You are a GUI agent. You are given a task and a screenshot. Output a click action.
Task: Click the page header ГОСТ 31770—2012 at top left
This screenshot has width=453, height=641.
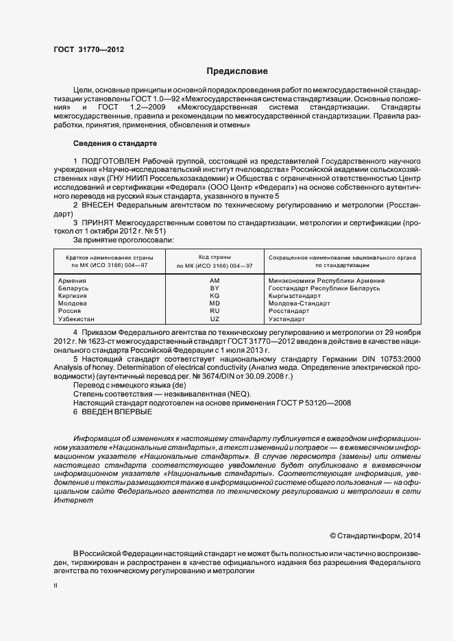click(88, 49)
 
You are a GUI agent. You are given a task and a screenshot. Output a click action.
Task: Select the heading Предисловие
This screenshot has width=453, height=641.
click(237, 71)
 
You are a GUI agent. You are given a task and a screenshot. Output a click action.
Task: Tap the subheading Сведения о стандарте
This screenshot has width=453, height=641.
click(115, 143)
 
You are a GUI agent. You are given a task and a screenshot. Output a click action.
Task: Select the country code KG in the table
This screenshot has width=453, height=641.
click(215, 295)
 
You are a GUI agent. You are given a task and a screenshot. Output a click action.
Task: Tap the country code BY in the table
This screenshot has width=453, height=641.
click(215, 288)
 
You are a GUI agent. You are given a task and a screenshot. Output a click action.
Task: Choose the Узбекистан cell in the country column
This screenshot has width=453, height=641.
click(77, 318)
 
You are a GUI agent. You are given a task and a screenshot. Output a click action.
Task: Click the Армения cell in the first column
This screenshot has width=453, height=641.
click(73, 281)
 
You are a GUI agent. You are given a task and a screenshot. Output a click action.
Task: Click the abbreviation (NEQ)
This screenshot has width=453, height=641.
click(239, 394)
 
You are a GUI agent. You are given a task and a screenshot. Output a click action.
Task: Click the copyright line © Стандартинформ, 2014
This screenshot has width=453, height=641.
click(375, 536)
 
